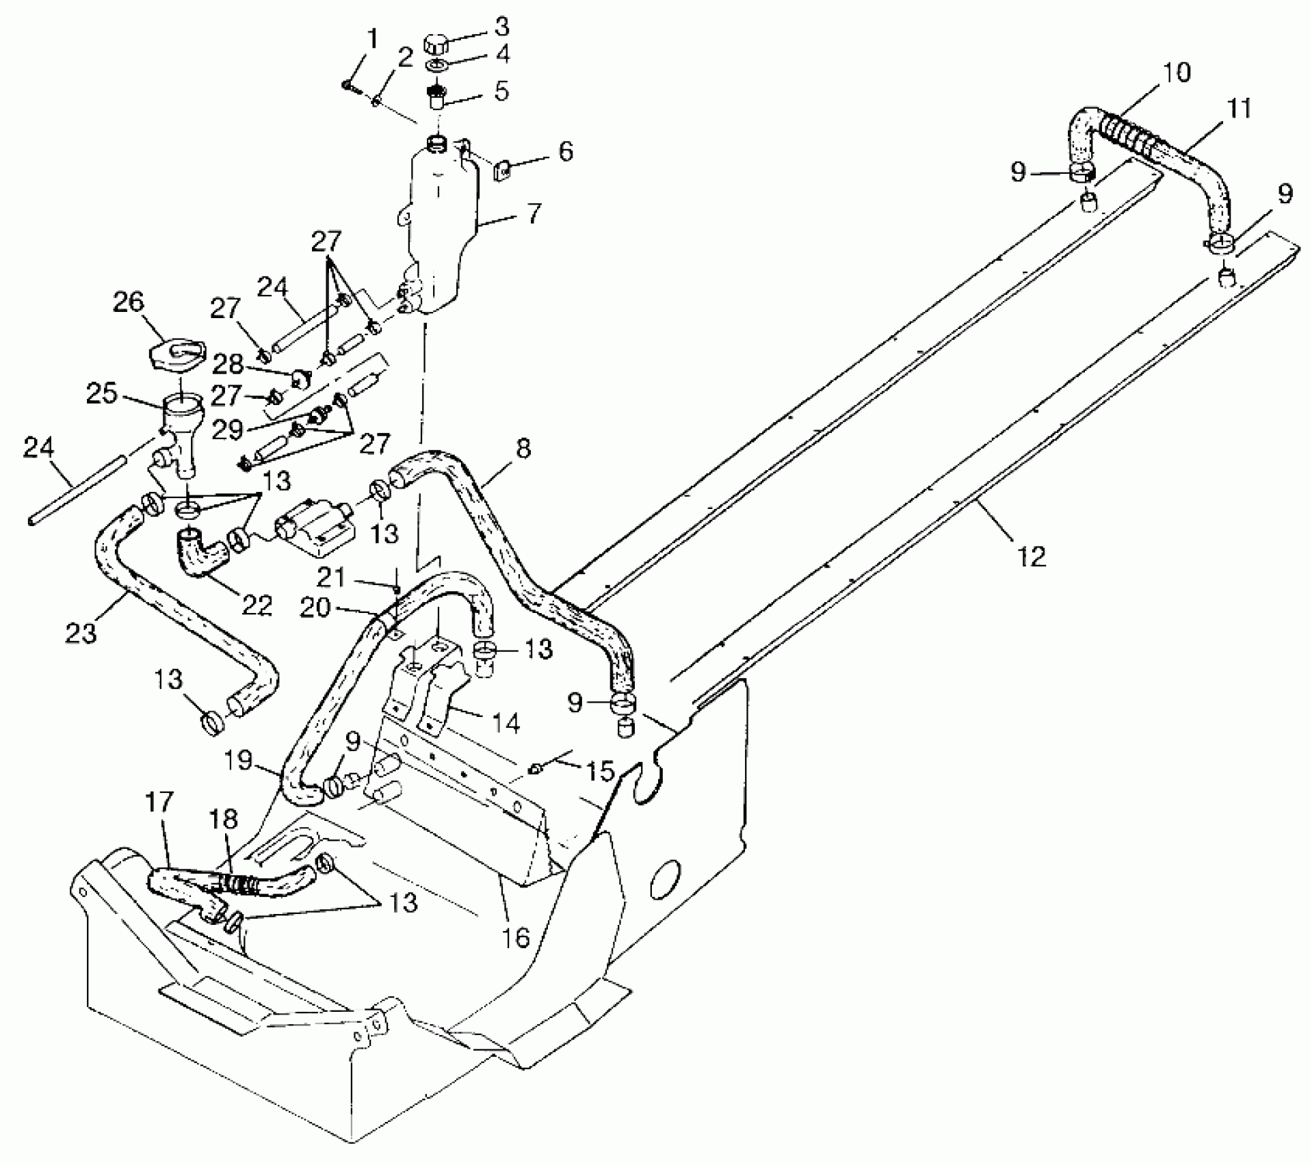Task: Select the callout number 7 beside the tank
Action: (x=534, y=213)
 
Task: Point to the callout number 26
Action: (x=129, y=302)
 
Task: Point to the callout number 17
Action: (x=159, y=801)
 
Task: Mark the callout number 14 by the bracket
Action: (x=507, y=722)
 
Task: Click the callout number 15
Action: (x=600, y=772)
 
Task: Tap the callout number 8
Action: (x=524, y=448)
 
